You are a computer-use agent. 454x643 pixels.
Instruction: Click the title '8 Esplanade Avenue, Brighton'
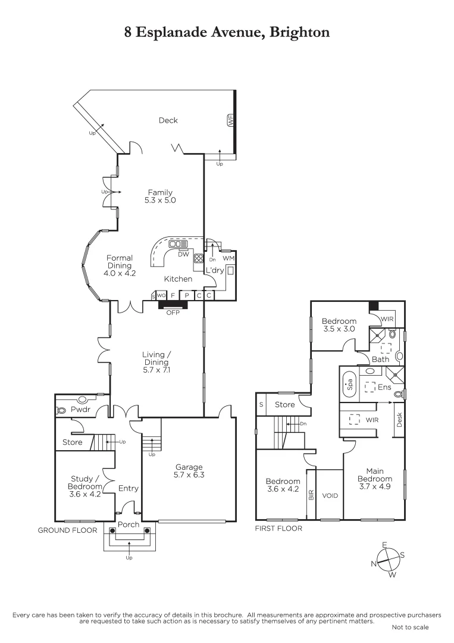coord(227,32)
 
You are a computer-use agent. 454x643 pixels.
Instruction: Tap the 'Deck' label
coord(168,120)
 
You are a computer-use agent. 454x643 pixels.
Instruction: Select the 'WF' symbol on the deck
coord(230,120)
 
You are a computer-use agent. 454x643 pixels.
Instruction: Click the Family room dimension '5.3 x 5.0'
coord(160,201)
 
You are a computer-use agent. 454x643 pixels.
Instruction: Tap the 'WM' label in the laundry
coord(228,259)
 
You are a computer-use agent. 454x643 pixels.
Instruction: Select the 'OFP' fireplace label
coord(173,313)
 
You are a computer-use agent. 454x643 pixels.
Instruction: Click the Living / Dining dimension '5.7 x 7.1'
coord(156,370)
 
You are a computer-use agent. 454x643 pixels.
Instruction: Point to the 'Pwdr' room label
coord(80,410)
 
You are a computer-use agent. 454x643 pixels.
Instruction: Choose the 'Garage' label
coord(189,467)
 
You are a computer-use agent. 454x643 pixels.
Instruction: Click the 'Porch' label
coord(129,525)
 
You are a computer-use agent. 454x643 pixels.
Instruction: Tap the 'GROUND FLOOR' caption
coord(67,530)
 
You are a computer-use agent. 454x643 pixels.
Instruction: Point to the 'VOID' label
coord(330,495)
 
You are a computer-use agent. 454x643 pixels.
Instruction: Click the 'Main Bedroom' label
coord(374,475)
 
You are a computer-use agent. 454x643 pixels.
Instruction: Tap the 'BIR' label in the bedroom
coord(310,494)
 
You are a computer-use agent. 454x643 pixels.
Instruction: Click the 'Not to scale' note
coord(409,627)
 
